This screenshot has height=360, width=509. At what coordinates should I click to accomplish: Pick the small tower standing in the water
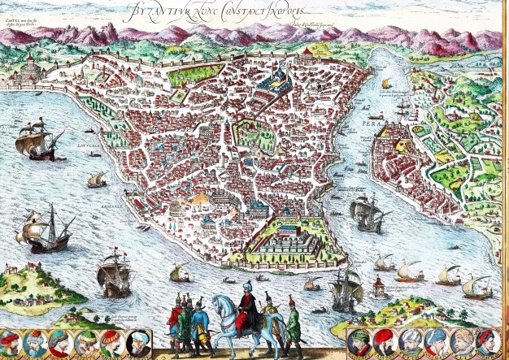pos(377,285)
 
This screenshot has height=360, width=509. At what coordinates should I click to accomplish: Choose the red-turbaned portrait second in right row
pos(383,342)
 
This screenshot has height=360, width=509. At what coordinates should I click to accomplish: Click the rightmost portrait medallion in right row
pos(485,342)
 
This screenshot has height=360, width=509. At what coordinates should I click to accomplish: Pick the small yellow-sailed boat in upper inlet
pos(386,84)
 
